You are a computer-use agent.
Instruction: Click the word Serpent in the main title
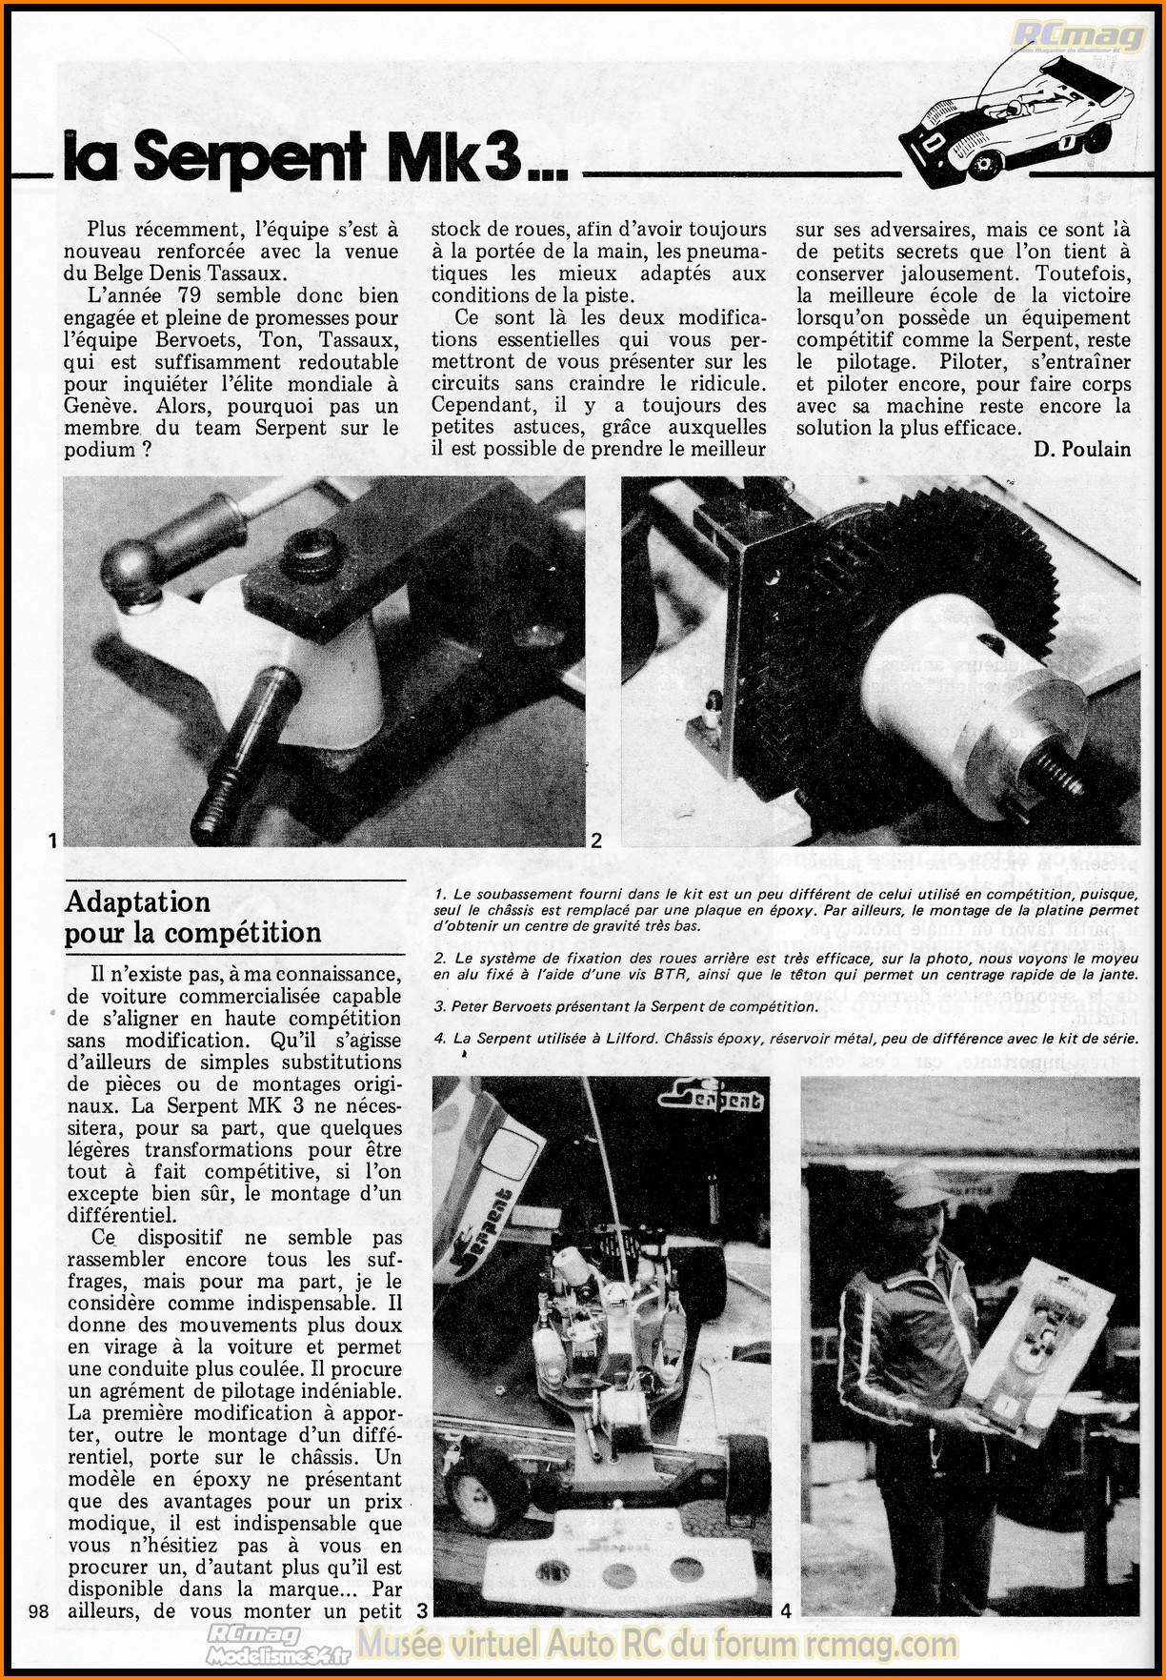click(251, 153)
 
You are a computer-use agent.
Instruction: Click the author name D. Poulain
click(1081, 450)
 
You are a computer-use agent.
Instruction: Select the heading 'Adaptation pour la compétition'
click(192, 917)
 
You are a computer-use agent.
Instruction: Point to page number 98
click(39, 1610)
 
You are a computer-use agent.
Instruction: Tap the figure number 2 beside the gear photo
click(596, 840)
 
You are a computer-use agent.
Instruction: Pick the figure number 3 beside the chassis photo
click(422, 1610)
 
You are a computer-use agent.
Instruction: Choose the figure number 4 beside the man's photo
click(786, 1610)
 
